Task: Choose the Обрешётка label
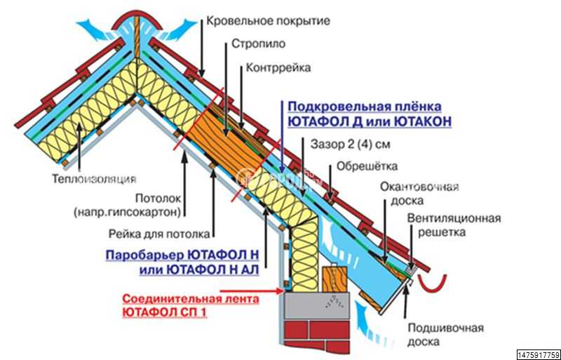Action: click(367, 167)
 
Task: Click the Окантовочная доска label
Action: click(419, 194)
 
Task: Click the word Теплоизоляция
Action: click(93, 178)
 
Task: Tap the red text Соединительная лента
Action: click(190, 299)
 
